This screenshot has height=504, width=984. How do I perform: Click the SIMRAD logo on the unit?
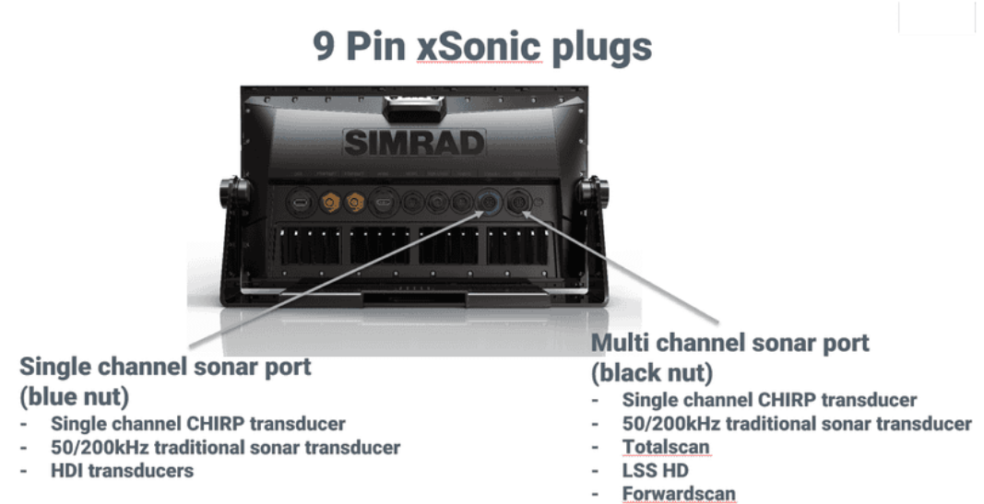(414, 143)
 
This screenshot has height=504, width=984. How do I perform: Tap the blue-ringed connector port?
(488, 203)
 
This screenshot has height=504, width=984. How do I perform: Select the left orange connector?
(329, 203)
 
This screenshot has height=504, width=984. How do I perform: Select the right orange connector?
(355, 203)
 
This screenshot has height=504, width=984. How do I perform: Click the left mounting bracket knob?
(233, 192)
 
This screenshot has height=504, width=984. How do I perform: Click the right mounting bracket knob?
(593, 192)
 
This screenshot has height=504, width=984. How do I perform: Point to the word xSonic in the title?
(479, 46)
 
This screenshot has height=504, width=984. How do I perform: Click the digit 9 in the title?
(324, 46)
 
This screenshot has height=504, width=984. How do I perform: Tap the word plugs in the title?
(602, 49)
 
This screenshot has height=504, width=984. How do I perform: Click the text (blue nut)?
(74, 396)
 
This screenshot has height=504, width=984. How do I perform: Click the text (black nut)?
(652, 372)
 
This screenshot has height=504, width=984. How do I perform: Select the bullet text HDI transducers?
(123, 471)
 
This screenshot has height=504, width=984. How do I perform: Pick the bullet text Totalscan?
(666, 447)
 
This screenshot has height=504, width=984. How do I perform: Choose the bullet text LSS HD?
(655, 471)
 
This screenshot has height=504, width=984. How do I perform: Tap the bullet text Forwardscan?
(679, 494)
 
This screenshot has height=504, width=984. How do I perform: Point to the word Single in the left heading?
(56, 368)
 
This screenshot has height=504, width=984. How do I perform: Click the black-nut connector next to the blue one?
(518, 203)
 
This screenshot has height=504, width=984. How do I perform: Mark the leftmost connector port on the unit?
(302, 203)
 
